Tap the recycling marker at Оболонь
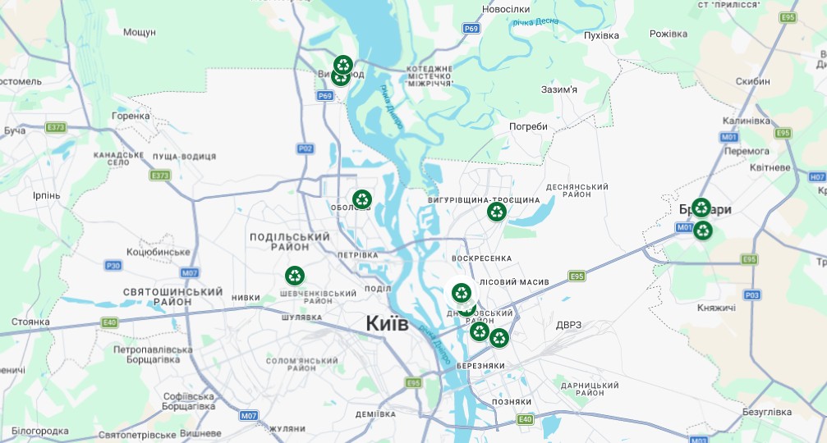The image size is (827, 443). (x=362, y=199)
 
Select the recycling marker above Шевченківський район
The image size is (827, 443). (x=295, y=276)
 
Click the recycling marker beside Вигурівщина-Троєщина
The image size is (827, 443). (x=497, y=212)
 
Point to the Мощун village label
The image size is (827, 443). (x=139, y=32)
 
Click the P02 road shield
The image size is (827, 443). (x=306, y=148)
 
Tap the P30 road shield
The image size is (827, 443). (x=113, y=265)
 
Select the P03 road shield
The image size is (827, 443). (x=751, y=295)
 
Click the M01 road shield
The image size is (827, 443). (x=729, y=137)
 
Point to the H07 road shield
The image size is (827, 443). (x=817, y=176)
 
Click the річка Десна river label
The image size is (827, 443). (x=535, y=21)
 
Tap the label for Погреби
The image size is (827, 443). (x=528, y=126)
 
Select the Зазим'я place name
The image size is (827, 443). (x=559, y=89)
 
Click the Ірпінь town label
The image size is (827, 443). (x=46, y=195)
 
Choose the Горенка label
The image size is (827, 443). (x=131, y=116)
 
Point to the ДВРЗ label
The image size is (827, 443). (x=568, y=325)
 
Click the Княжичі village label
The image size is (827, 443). (x=715, y=308)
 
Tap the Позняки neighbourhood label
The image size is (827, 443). (x=511, y=401)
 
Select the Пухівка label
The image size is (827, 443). (x=600, y=35)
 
